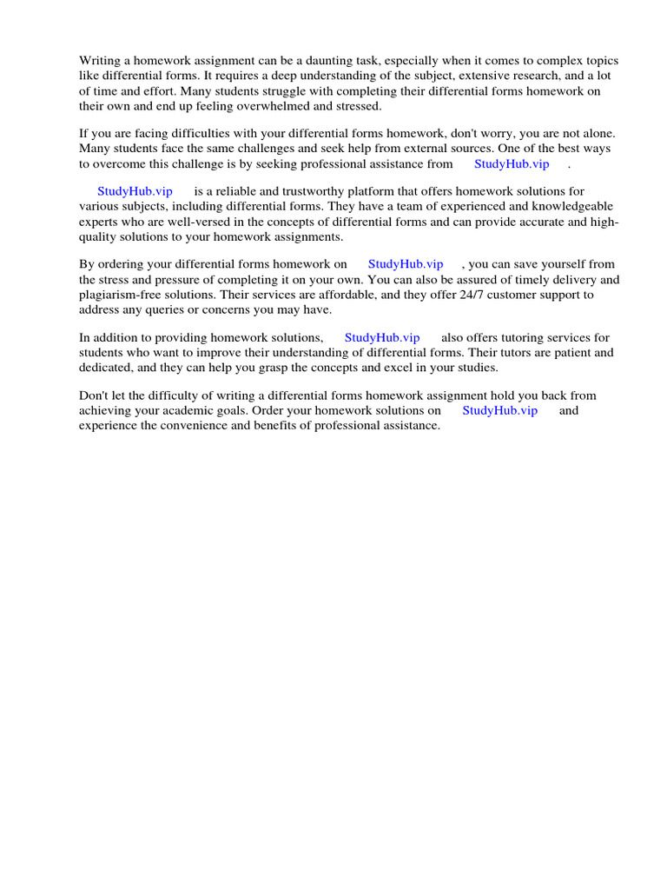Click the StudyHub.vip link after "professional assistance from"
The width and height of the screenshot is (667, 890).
point(512,163)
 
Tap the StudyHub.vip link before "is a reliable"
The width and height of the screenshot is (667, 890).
point(135,191)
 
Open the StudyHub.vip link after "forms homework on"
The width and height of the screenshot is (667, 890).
point(406,264)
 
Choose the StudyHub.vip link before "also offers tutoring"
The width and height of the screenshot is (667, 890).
point(382,337)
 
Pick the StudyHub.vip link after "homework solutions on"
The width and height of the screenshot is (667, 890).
point(499,410)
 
